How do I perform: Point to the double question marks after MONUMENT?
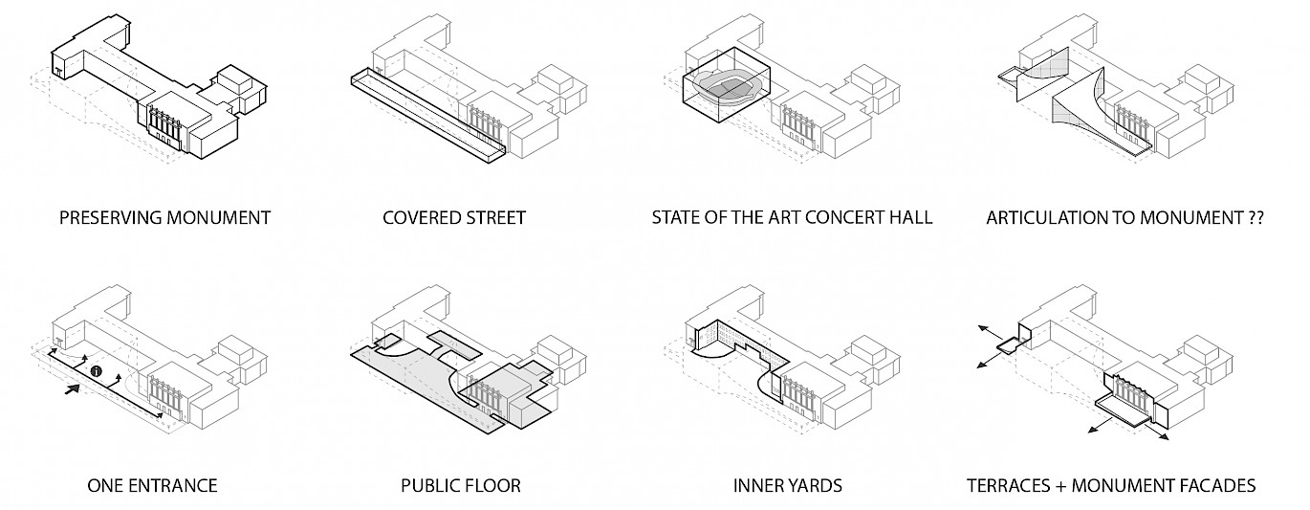(x=1255, y=218)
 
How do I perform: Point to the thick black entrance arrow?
(x=72, y=389)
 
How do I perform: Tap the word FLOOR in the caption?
(x=491, y=485)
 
